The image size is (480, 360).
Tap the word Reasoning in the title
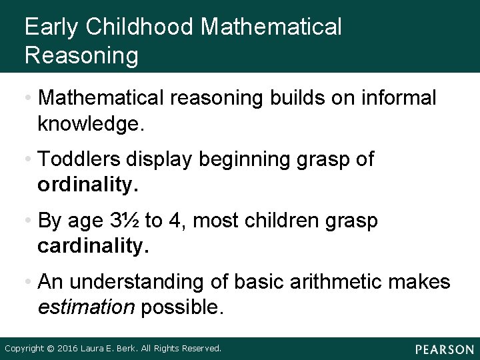[x=81, y=55]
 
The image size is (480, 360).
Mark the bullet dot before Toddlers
[x=29, y=161]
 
